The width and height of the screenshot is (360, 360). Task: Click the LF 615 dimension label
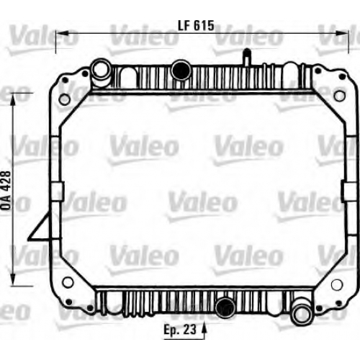[x=196, y=25]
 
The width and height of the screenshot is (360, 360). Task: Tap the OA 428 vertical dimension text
[x=6, y=191]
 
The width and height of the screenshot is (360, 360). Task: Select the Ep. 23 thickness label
[x=180, y=329]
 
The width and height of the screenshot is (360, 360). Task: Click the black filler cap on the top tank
[x=181, y=70]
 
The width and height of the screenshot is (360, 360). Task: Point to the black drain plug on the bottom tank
[x=225, y=307]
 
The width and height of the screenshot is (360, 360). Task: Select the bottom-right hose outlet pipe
[x=302, y=311]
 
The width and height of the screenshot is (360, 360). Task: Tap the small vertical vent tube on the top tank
[x=246, y=57]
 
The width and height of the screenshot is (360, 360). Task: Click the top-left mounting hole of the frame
[x=65, y=99]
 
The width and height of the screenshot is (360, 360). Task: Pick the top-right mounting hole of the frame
[x=339, y=96]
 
